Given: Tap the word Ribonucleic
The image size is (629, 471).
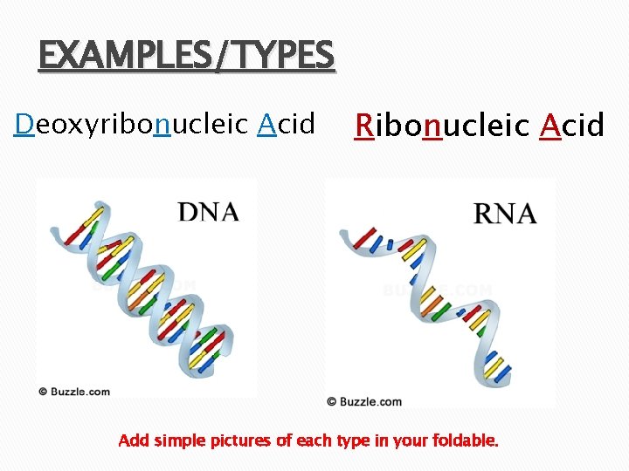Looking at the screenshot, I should pyautogui.click(x=441, y=126).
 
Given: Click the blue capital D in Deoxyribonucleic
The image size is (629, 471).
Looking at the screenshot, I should pyautogui.click(x=24, y=125).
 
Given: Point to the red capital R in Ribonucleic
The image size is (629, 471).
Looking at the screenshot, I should pyautogui.click(x=363, y=126).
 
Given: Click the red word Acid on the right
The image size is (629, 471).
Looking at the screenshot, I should pyautogui.click(x=571, y=126).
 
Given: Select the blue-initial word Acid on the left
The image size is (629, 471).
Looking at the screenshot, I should pyautogui.click(x=287, y=125).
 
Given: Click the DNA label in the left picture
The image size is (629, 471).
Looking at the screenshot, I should pyautogui.click(x=208, y=212).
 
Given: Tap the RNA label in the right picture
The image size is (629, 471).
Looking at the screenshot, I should pyautogui.click(x=504, y=214).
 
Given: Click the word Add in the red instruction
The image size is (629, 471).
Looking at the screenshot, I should pyautogui.click(x=134, y=440).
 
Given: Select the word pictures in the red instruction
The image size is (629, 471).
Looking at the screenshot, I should pyautogui.click(x=241, y=440).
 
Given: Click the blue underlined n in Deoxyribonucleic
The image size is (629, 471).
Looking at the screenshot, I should pyautogui.click(x=161, y=126).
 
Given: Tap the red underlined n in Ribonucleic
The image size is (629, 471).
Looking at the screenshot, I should pyautogui.click(x=431, y=127).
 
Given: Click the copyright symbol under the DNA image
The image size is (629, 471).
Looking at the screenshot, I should pyautogui.click(x=43, y=392).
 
